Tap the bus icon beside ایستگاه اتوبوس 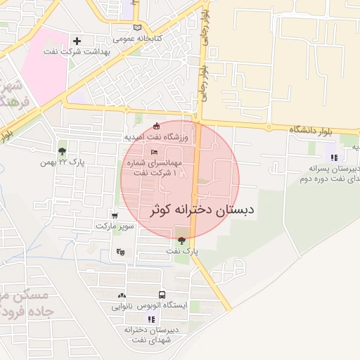click(162, 295)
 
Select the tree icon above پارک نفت click(182, 240)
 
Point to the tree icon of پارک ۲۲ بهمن click(63, 151)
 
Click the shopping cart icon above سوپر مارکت click(115, 216)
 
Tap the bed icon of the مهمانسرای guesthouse click(154, 152)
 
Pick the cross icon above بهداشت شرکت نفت click(77, 41)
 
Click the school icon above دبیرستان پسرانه click(334, 157)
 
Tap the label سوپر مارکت click(114, 226)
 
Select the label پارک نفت click(183, 251)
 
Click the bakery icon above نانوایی click(122, 296)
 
